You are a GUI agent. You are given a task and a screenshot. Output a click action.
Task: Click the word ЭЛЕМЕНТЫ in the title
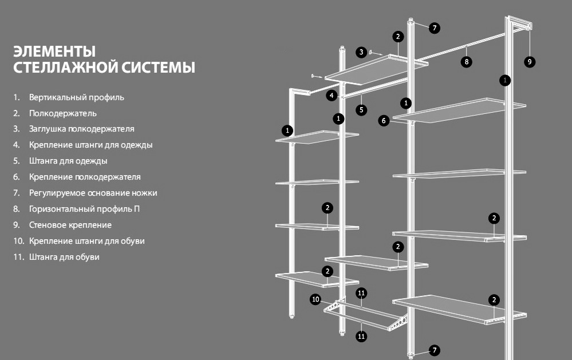click(54, 52)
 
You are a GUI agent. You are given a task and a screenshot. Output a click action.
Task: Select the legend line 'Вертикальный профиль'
click(77, 97)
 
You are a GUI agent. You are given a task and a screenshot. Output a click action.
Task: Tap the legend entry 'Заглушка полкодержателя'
click(82, 129)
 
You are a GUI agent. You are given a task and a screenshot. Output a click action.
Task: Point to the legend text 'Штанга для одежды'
click(68, 161)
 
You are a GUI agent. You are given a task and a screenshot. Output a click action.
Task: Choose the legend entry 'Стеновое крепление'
click(70, 225)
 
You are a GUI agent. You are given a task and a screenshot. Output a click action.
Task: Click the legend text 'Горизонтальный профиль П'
click(85, 209)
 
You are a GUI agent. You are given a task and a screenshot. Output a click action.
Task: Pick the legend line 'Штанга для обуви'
click(64, 257)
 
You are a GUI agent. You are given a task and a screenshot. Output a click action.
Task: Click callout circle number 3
click(361, 52)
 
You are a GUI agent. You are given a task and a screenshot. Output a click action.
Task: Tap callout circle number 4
click(332, 96)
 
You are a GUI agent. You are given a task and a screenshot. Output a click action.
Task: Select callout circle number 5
click(361, 110)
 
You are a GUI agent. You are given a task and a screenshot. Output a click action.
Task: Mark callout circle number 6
click(384, 120)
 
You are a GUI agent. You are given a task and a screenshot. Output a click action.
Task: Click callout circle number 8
click(466, 62)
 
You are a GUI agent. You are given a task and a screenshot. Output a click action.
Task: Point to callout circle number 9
click(530, 62)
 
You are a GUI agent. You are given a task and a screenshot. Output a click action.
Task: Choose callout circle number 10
click(315, 299)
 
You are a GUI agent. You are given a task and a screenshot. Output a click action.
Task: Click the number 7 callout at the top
click(434, 27)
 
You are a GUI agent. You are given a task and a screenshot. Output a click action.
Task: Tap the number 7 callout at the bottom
click(434, 350)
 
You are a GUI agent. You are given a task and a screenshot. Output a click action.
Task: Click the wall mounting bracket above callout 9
click(520, 23)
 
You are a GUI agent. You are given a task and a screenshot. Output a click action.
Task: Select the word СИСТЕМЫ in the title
click(158, 68)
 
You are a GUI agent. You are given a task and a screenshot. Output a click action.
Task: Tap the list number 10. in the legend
click(18, 241)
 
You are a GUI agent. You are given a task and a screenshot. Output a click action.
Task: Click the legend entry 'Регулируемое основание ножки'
click(93, 193)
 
